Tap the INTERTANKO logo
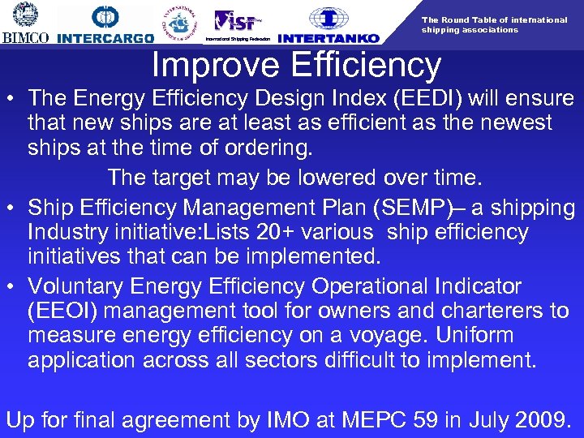pos(328,25)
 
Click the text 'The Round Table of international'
pos(494,19)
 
